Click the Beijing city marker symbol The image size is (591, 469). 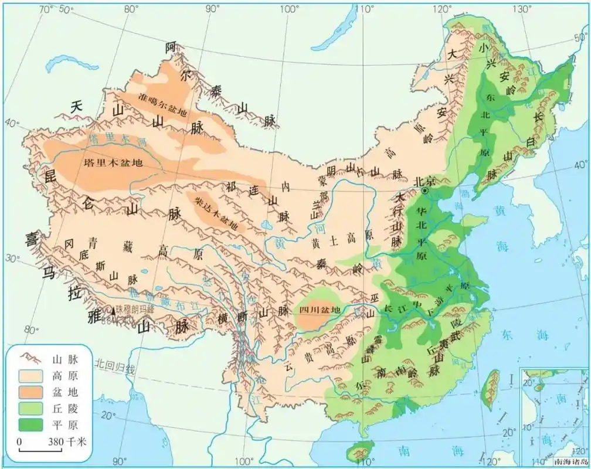click(x=426, y=191)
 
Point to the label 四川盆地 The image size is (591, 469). click(x=320, y=310)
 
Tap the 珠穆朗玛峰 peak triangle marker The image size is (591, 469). click(x=114, y=311)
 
